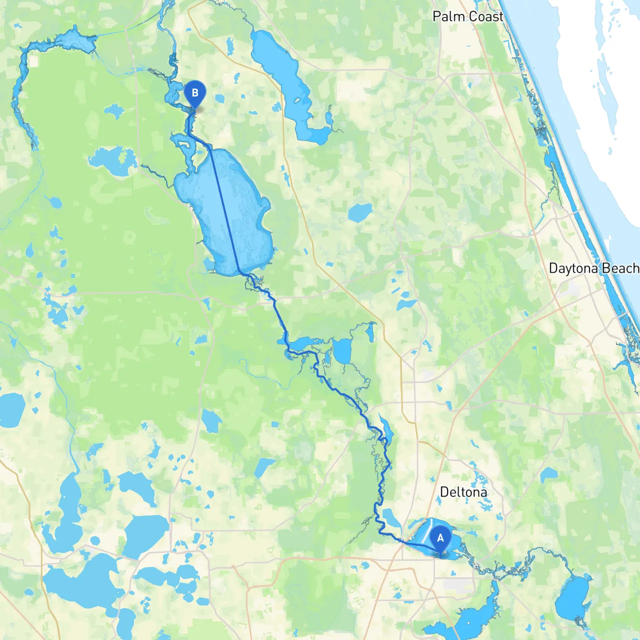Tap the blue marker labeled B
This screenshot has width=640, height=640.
pyautogui.click(x=195, y=93)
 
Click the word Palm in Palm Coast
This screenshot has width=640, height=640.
pyautogui.click(x=448, y=16)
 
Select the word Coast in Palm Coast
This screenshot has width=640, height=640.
pyautogui.click(x=485, y=16)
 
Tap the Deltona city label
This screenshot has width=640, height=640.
pyautogui.click(x=463, y=492)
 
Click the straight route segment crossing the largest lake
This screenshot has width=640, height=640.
pyautogui.click(x=225, y=210)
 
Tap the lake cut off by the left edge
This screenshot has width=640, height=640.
pyautogui.click(x=11, y=410)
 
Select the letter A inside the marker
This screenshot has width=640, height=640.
pyautogui.click(x=440, y=538)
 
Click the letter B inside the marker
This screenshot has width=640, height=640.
pyautogui.click(x=195, y=92)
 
